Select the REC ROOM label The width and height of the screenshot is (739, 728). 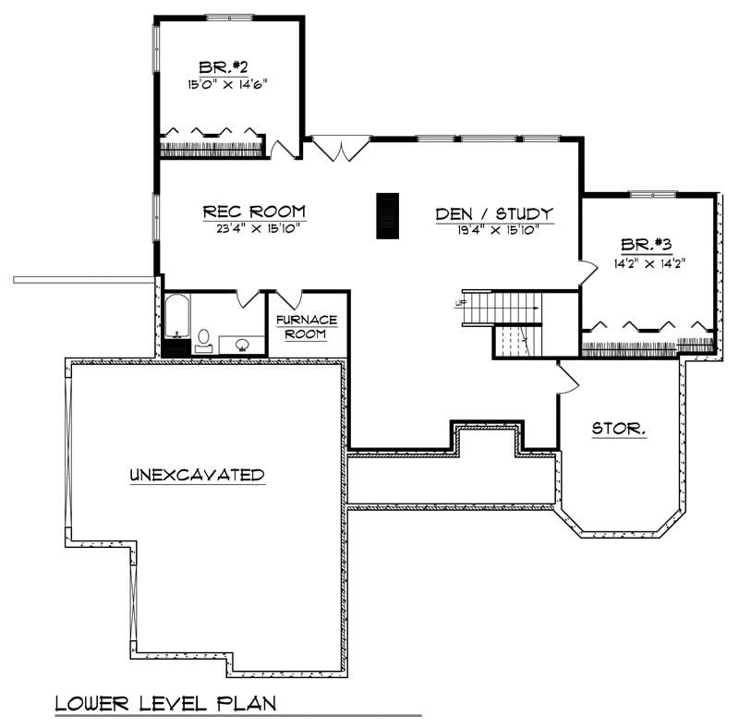tap(253, 212)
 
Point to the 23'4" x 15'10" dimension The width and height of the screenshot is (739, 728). tap(253, 227)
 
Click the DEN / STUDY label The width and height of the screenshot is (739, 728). tap(494, 214)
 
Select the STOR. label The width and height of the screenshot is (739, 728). tap(618, 430)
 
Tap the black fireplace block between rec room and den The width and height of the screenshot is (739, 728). tap(386, 216)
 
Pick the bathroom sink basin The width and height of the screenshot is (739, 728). tap(243, 346)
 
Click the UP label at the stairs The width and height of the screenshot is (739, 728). tap(460, 302)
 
